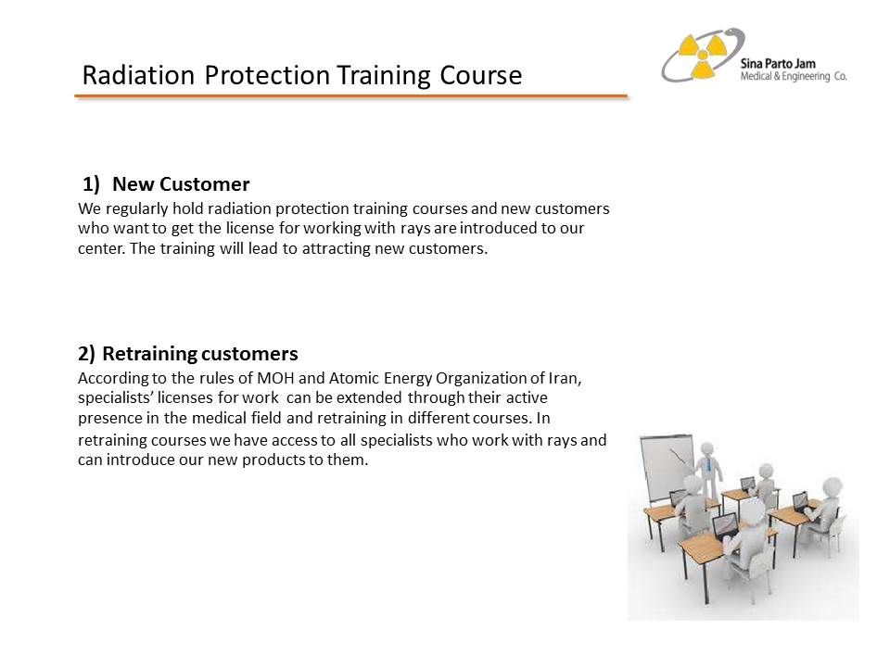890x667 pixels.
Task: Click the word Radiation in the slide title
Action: [138, 75]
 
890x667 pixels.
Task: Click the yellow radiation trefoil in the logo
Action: [702, 55]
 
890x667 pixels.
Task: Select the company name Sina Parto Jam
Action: [778, 64]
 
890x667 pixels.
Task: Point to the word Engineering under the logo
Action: [806, 77]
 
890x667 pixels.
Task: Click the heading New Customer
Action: [181, 184]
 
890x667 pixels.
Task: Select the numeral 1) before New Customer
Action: [92, 184]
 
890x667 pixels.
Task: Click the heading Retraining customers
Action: [200, 354]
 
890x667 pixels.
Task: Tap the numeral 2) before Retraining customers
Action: [87, 354]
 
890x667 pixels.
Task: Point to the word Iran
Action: [565, 378]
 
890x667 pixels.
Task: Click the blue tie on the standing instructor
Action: [709, 465]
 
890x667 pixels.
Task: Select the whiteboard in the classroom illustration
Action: [667, 467]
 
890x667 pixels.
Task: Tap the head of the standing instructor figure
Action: [707, 449]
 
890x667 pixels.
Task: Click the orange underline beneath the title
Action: [351, 96]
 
